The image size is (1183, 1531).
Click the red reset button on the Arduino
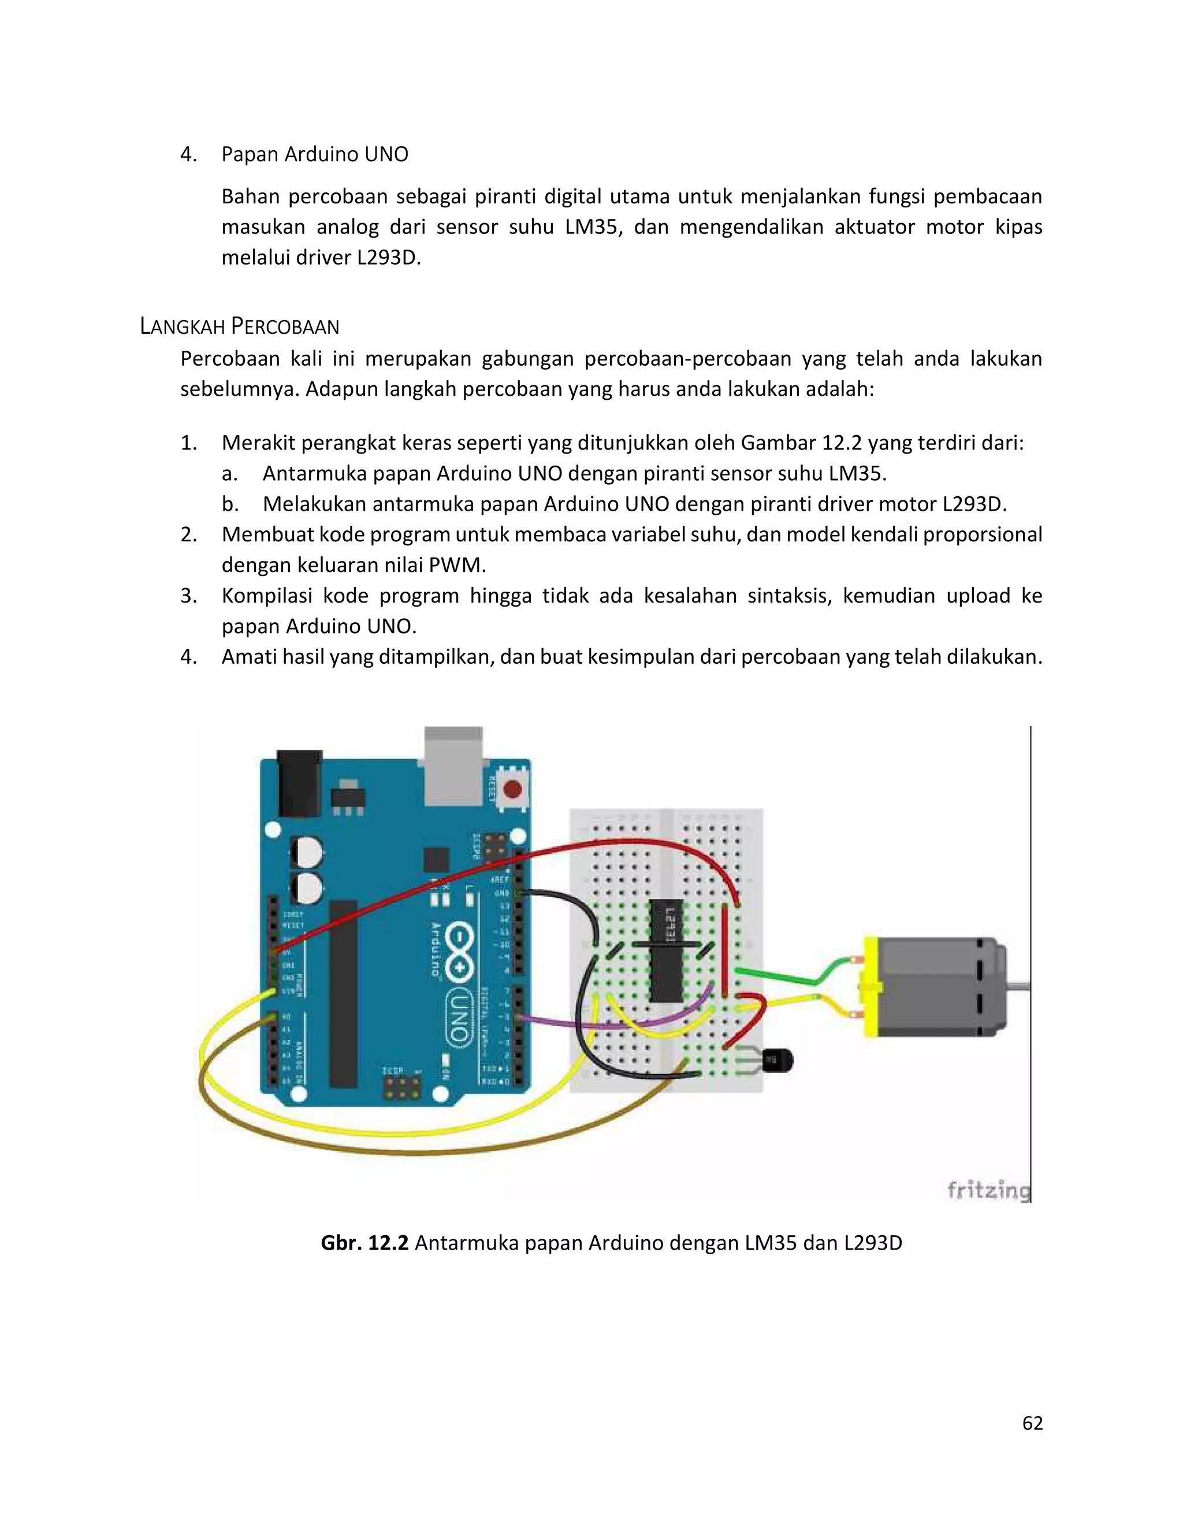point(512,790)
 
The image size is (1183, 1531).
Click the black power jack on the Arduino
point(299,783)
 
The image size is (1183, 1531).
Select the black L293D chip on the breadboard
point(666,950)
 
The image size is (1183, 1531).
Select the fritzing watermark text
point(988,1190)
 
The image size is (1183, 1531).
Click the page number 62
point(1032,1423)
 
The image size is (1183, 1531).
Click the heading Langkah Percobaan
point(239,326)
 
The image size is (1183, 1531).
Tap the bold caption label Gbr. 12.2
point(364,1243)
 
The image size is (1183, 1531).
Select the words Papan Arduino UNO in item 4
point(315,154)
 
